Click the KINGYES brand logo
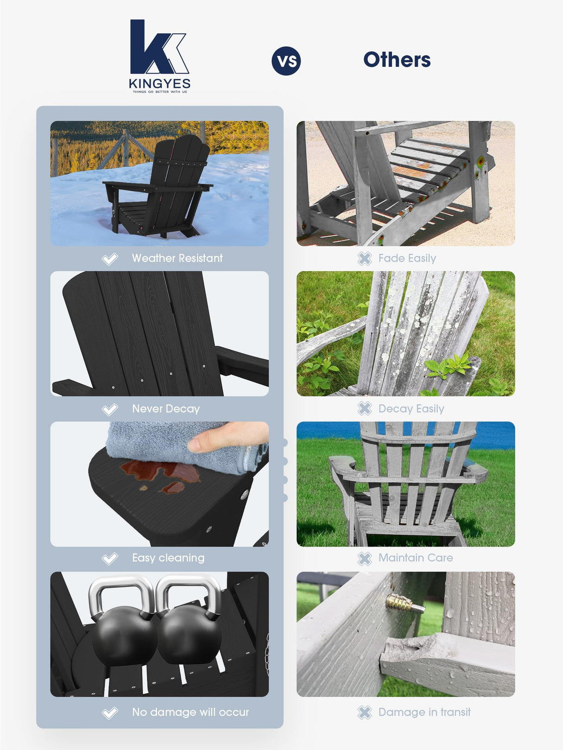(x=159, y=56)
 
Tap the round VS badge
(x=286, y=61)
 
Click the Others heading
(x=397, y=60)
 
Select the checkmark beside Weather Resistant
(x=110, y=259)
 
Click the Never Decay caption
(x=166, y=409)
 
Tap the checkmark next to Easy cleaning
(x=110, y=559)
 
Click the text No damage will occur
(x=190, y=712)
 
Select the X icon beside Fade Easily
(x=365, y=259)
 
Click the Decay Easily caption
(x=411, y=409)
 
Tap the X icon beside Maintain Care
(x=365, y=559)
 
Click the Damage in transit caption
(x=424, y=712)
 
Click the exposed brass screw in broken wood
(x=404, y=604)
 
